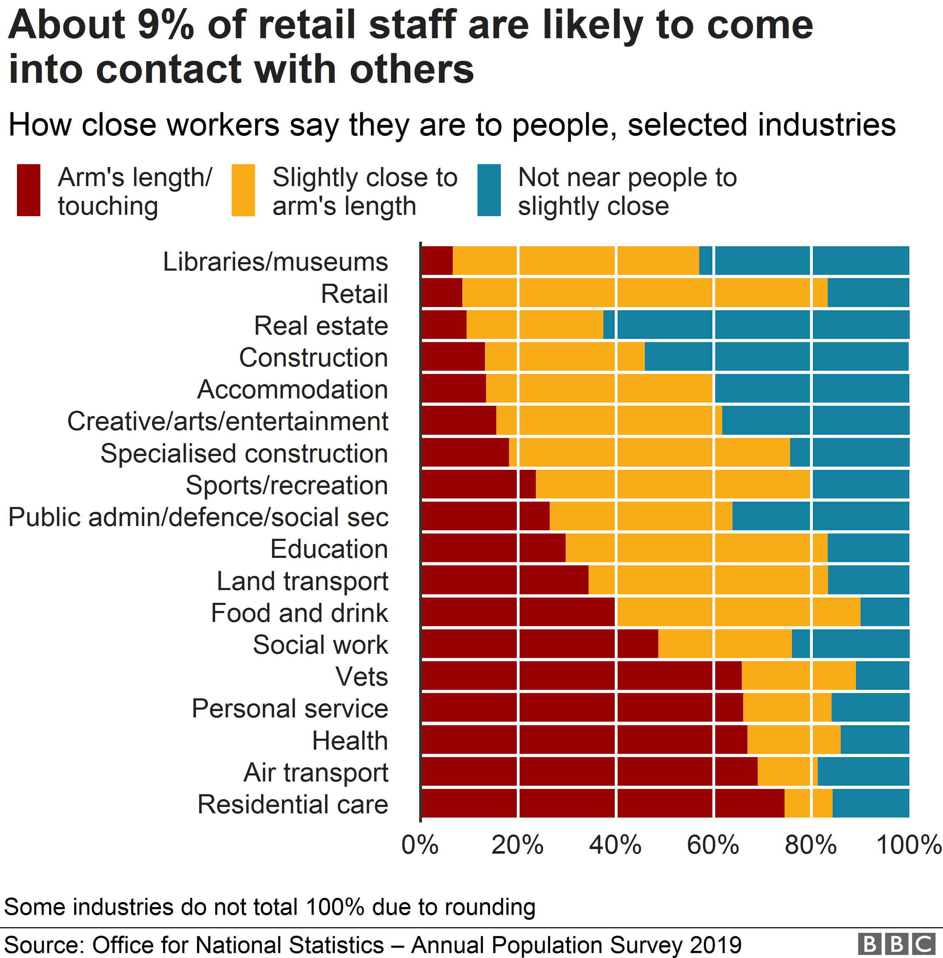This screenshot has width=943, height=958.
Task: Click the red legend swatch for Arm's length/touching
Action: [28, 190]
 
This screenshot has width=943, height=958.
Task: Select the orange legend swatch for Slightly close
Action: [243, 190]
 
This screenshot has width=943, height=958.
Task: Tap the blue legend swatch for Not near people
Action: [489, 190]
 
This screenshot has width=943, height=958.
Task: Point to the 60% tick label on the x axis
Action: [713, 844]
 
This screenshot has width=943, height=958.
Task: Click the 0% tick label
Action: [420, 844]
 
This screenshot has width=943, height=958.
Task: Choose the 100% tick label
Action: [908, 844]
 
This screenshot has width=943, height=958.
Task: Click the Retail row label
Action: [354, 294]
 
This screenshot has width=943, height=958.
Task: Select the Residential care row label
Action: [293, 804]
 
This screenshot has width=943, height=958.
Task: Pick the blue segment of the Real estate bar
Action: [758, 324]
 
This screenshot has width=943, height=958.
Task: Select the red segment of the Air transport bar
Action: [589, 771]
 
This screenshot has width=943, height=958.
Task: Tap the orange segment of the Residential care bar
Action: [808, 803]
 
